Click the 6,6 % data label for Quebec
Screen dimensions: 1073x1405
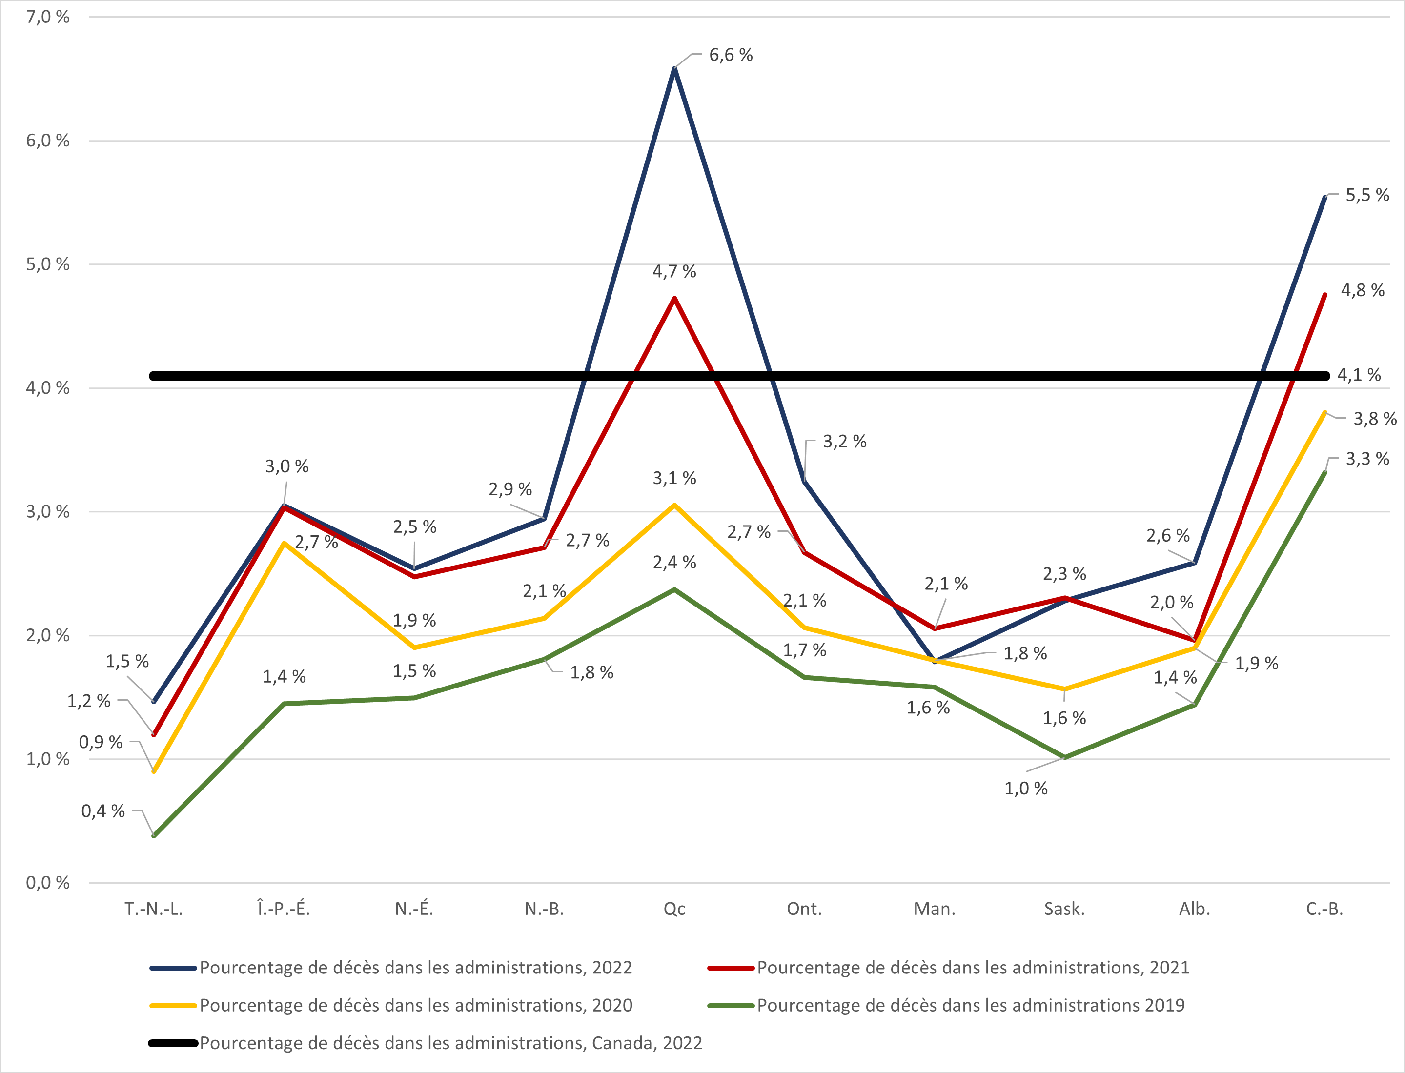(x=731, y=56)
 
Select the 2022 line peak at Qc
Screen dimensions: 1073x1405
(x=674, y=68)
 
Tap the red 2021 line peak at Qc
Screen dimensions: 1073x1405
(x=674, y=298)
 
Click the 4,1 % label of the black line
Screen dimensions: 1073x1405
(x=1359, y=375)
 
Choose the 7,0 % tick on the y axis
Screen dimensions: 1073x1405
(x=47, y=17)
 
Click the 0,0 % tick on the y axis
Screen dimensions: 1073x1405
(x=47, y=883)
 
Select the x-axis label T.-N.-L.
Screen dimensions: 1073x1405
(x=153, y=909)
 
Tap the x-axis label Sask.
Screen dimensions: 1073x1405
(x=1064, y=909)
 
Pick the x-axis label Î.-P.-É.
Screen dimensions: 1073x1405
(x=284, y=909)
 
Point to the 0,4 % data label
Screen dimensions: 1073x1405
(x=103, y=811)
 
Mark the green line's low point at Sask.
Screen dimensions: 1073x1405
(x=1064, y=757)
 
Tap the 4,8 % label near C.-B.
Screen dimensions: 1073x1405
(x=1362, y=291)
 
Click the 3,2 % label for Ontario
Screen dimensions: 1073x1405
(x=844, y=441)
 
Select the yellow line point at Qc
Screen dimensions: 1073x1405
(x=674, y=505)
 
